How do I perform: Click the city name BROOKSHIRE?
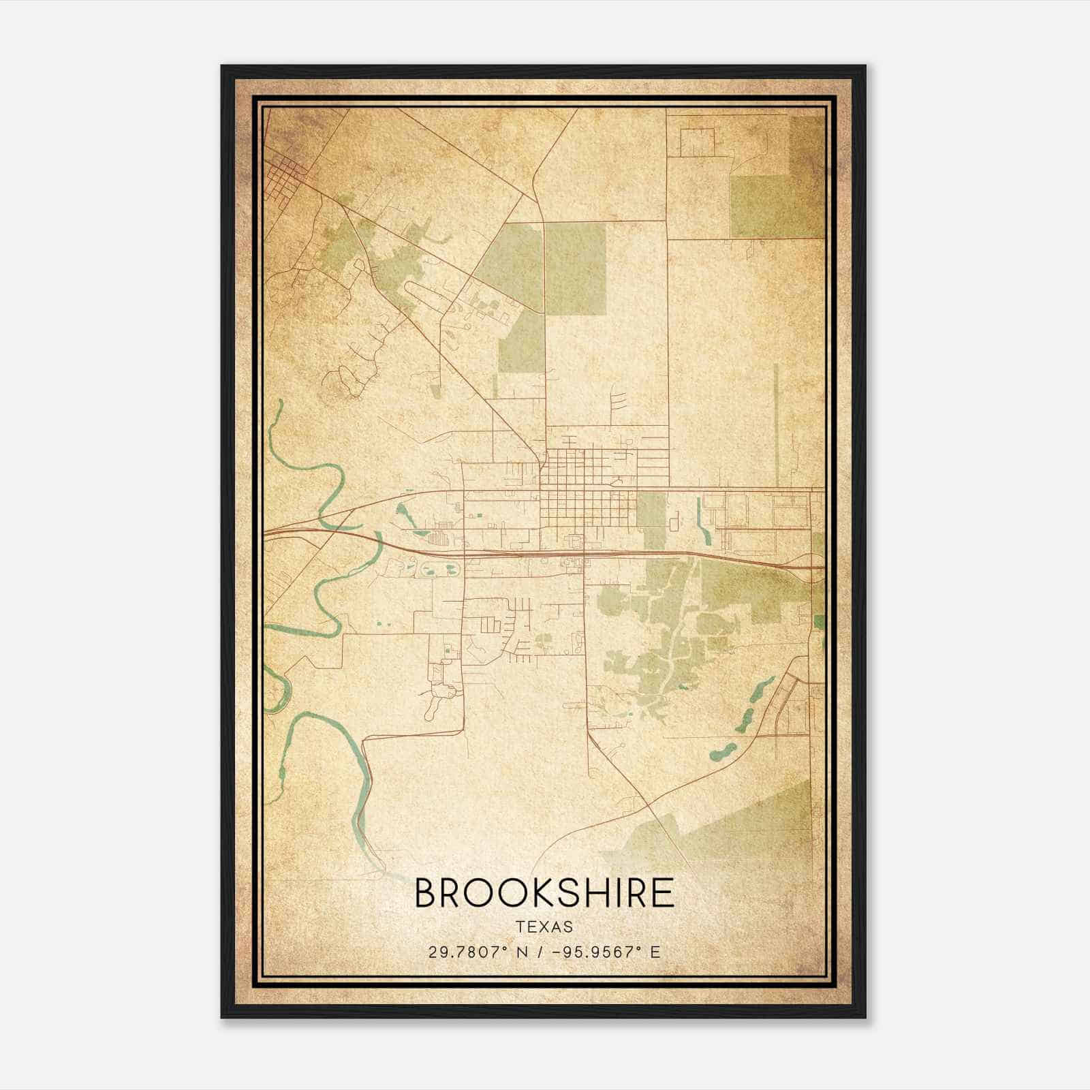544,894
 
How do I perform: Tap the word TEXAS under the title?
544,927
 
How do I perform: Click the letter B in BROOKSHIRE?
425,894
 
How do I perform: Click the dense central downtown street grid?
579,490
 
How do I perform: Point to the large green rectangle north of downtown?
575,268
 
